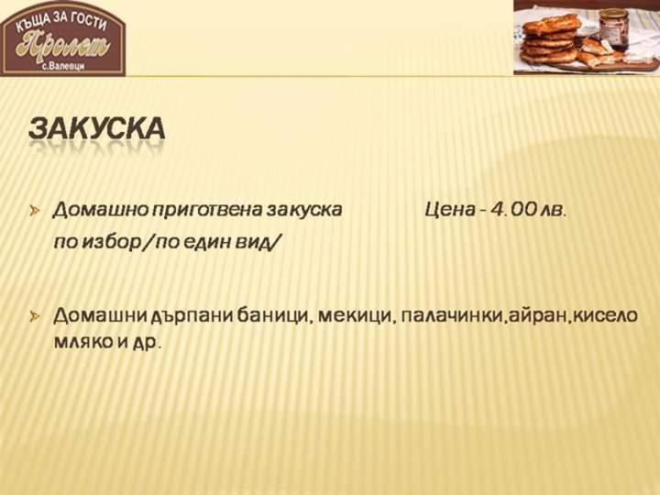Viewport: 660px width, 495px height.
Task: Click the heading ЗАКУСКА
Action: (96, 128)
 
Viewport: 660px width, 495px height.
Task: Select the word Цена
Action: (449, 209)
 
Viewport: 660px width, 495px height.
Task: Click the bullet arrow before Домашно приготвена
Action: (36, 210)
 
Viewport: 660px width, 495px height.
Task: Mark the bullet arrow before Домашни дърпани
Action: (36, 316)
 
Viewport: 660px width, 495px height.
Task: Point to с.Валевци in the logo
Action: (63, 67)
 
